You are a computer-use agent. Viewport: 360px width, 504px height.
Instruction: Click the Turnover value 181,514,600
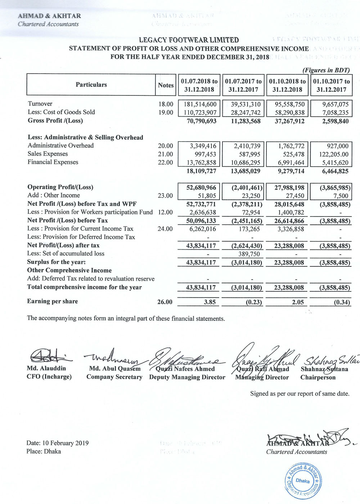[x=200, y=104]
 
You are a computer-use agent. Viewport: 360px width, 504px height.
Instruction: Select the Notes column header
[x=166, y=85]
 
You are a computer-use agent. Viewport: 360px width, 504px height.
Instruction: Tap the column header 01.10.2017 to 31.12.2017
[x=331, y=85]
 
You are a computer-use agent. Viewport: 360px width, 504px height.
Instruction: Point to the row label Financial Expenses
[x=53, y=162]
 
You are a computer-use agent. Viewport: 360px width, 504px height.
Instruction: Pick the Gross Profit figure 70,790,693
[x=202, y=121]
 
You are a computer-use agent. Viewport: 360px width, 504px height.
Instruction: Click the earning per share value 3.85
[x=210, y=302]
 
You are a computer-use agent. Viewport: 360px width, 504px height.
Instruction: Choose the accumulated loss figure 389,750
[x=249, y=254]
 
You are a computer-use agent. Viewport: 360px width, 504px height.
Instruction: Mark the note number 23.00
[x=165, y=195]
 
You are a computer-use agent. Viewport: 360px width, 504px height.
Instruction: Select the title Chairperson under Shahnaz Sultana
[x=318, y=377]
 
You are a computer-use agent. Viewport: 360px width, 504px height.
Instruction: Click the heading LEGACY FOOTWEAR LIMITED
[x=189, y=40]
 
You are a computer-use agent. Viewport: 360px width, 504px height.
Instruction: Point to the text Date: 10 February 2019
[x=57, y=443]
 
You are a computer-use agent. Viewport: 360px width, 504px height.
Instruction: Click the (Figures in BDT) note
[x=326, y=70]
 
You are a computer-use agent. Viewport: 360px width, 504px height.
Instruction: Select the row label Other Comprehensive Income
[x=69, y=270]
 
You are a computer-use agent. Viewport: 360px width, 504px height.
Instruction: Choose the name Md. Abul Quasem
[x=115, y=369]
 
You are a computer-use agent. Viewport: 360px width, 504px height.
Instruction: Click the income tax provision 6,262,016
[x=203, y=229]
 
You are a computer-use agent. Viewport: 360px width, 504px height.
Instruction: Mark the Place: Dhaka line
[x=44, y=451]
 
